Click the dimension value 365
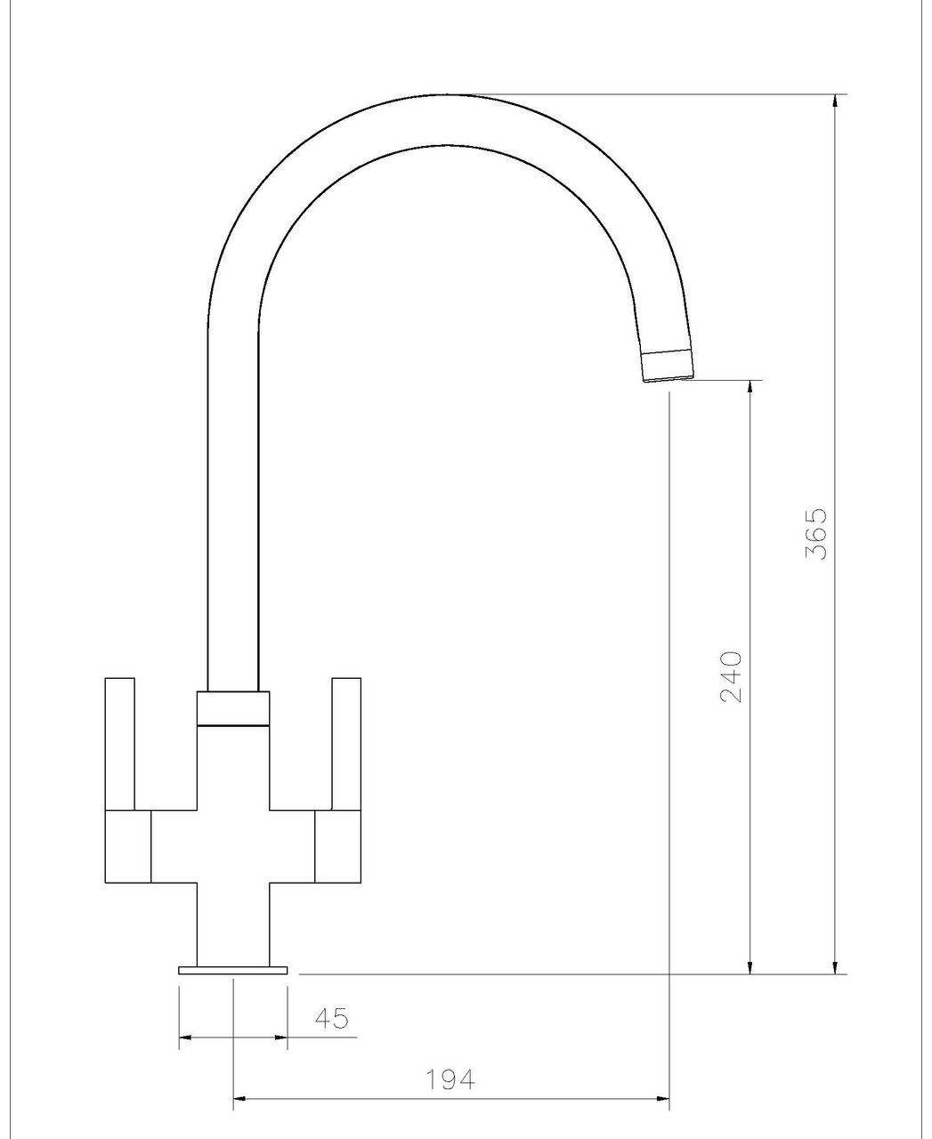(x=815, y=534)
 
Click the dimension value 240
(x=731, y=677)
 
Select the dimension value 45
(x=331, y=1018)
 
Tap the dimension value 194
(x=450, y=1079)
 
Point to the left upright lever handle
(x=120, y=744)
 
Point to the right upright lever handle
(x=346, y=744)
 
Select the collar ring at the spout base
(x=233, y=708)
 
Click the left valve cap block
(x=128, y=846)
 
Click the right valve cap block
(x=338, y=846)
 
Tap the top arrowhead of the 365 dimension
(x=835, y=101)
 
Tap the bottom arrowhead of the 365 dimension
(x=835, y=966)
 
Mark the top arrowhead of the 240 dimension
(x=751, y=388)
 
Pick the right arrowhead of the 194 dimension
(x=662, y=1098)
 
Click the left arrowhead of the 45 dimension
(x=186, y=1037)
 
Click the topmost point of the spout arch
(x=450, y=94)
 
